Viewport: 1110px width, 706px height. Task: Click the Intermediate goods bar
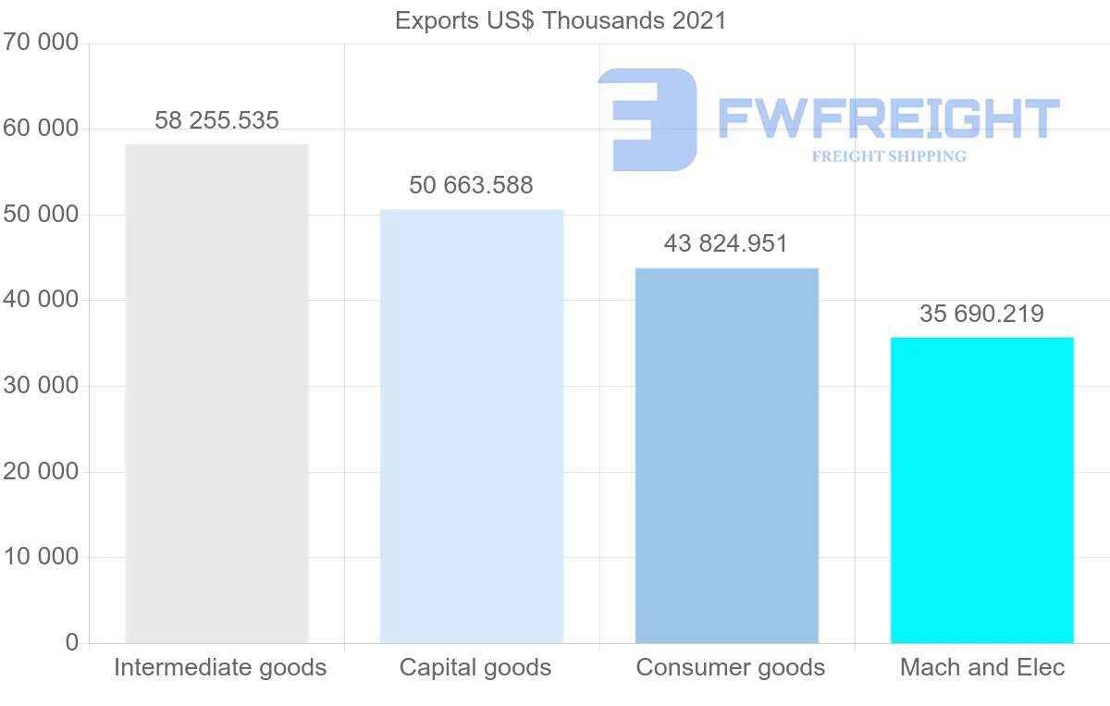click(x=216, y=393)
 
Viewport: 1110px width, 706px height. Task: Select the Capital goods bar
click(x=472, y=426)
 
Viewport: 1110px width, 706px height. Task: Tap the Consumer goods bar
click(x=727, y=455)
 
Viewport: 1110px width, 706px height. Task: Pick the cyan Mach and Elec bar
click(x=981, y=489)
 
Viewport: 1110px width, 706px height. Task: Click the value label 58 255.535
click(x=216, y=120)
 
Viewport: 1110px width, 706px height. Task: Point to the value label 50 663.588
click(x=472, y=185)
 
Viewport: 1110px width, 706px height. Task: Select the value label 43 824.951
click(x=726, y=243)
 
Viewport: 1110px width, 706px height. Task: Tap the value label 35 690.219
click(x=981, y=314)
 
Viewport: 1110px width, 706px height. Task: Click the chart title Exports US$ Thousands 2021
click(x=561, y=20)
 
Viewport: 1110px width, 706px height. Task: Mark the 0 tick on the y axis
click(x=72, y=642)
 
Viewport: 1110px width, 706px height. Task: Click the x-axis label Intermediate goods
click(x=220, y=667)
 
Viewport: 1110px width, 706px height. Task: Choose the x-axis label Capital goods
click(x=475, y=667)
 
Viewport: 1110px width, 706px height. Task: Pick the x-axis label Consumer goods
click(x=731, y=667)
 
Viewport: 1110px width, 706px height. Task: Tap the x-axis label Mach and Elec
click(x=982, y=667)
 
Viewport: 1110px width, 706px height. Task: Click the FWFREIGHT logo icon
click(x=647, y=119)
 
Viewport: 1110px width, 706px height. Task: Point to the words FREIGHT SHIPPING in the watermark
click(x=889, y=156)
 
